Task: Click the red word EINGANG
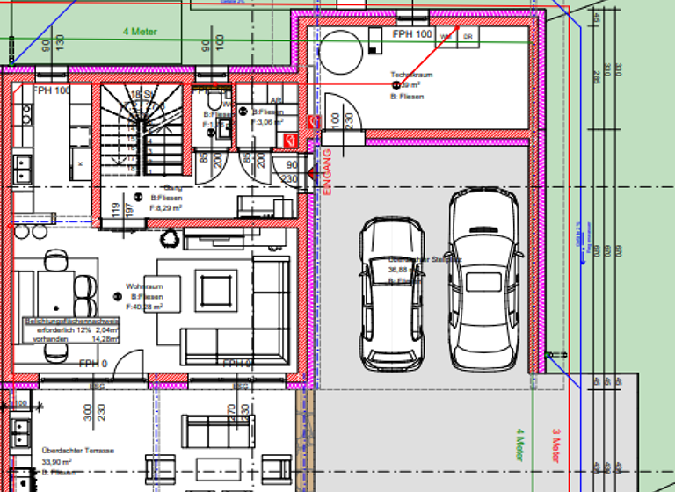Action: pos(327,171)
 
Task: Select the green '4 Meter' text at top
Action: pos(139,31)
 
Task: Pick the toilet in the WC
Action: pos(223,128)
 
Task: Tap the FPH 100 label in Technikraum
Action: pos(412,33)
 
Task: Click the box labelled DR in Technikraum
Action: pos(468,36)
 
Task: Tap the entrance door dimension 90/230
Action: pos(290,171)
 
